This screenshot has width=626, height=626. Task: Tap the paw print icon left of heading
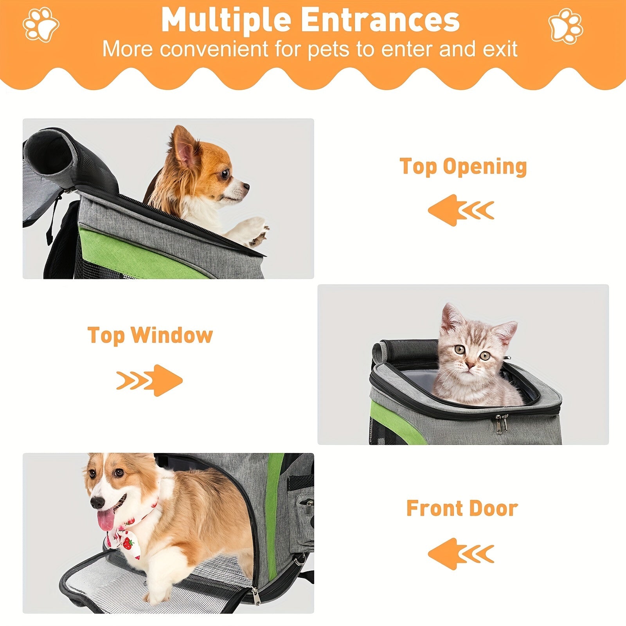tap(41, 24)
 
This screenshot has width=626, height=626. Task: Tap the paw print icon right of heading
tap(566, 26)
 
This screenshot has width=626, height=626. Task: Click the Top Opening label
tap(463, 167)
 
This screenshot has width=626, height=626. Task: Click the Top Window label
tap(150, 335)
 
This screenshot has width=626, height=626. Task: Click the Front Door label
tap(462, 508)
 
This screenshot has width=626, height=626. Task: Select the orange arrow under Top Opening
tap(461, 210)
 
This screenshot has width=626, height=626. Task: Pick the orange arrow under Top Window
tap(150, 380)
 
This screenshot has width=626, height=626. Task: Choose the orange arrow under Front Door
tap(461, 554)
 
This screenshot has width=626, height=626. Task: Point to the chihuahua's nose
tap(246, 186)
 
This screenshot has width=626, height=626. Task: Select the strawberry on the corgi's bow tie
tap(128, 543)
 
